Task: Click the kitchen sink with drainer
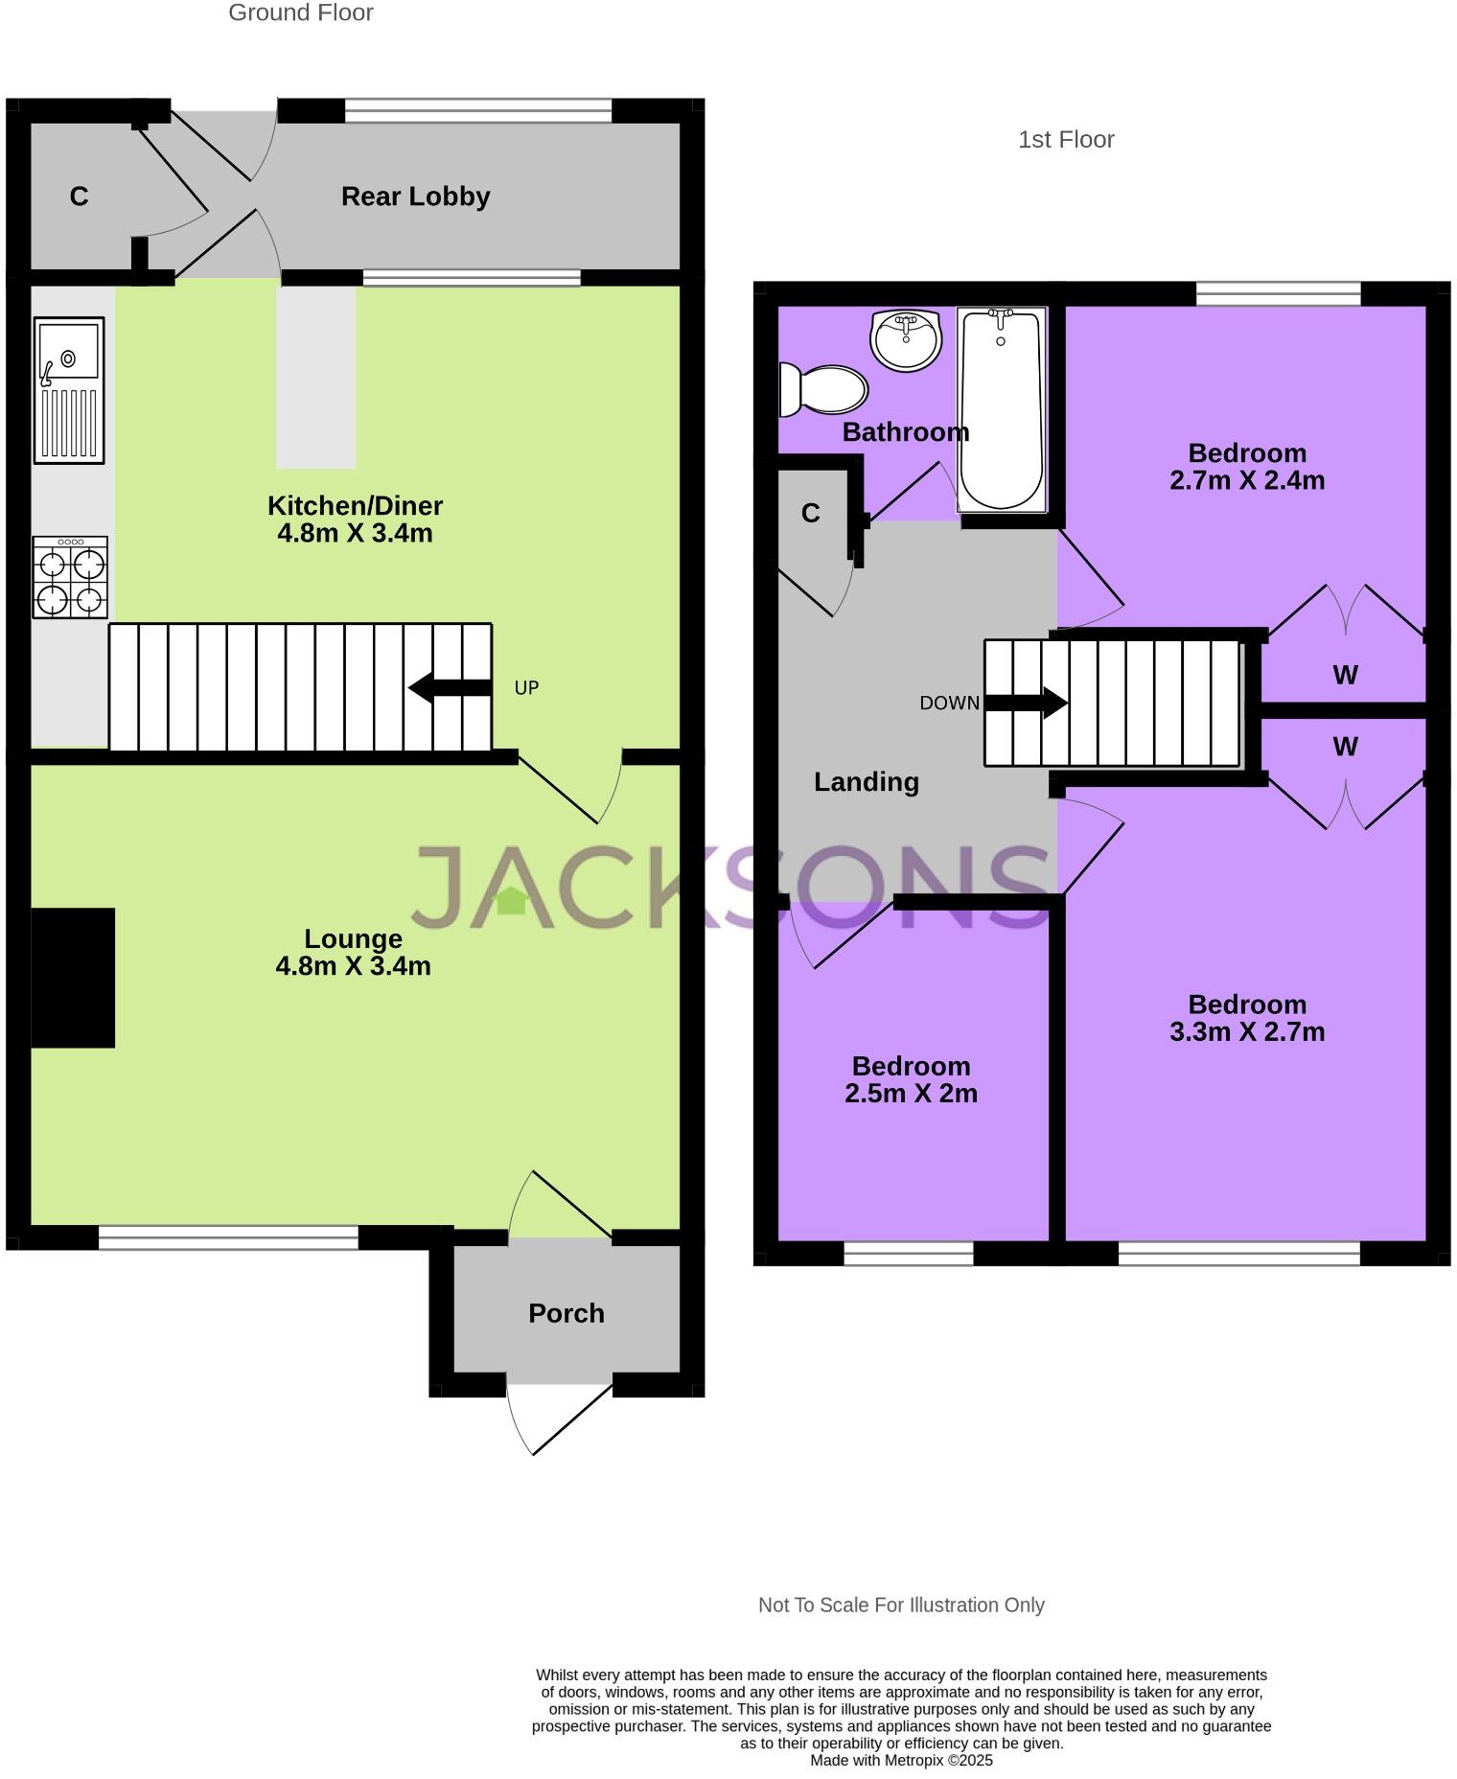pyautogui.click(x=69, y=390)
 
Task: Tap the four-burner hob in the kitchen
pyautogui.click(x=70, y=577)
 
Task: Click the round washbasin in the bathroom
pyautogui.click(x=906, y=340)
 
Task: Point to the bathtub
pyautogui.click(x=1001, y=410)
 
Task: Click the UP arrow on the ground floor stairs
pyautogui.click(x=450, y=687)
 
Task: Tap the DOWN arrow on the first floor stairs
pyautogui.click(x=1027, y=703)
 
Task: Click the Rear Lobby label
pyautogui.click(x=415, y=196)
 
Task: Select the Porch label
pyautogui.click(x=566, y=1312)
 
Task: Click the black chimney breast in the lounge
pyautogui.click(x=73, y=977)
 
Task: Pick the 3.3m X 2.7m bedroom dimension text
pyautogui.click(x=1247, y=1031)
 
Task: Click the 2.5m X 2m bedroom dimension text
pyautogui.click(x=911, y=1093)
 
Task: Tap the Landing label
pyautogui.click(x=866, y=782)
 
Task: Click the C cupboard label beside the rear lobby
pyautogui.click(x=79, y=196)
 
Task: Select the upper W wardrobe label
pyautogui.click(x=1345, y=675)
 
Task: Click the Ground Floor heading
pyautogui.click(x=300, y=12)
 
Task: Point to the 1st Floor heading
pyautogui.click(x=1065, y=140)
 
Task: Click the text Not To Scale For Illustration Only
pyautogui.click(x=900, y=1605)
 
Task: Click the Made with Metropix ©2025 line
pyautogui.click(x=901, y=1760)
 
